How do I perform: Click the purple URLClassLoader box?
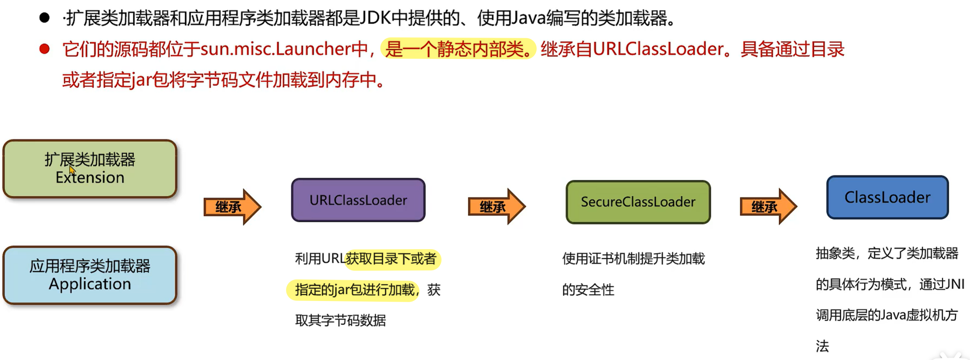click(358, 200)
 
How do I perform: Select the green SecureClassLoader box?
click(638, 202)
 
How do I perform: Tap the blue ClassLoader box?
click(887, 197)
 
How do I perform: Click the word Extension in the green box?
click(90, 177)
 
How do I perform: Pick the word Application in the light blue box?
click(90, 283)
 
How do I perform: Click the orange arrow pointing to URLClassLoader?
click(232, 207)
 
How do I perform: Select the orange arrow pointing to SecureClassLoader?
click(496, 206)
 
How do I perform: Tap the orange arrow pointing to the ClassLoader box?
click(768, 206)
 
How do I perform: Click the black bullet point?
click(44, 18)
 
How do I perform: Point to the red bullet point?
click(44, 49)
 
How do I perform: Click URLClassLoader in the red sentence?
click(658, 49)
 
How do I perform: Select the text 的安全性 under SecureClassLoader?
click(588, 290)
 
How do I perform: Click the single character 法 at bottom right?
click(822, 346)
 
